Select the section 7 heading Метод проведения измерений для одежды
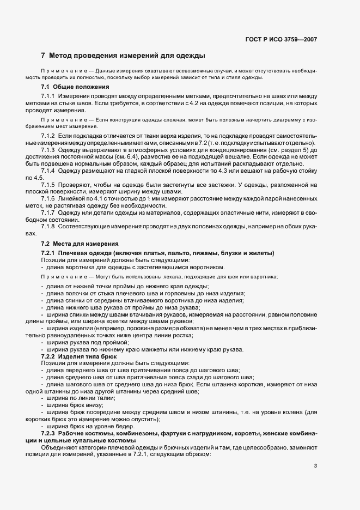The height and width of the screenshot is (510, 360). click(123, 56)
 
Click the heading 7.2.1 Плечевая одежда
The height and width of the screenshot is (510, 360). click(157, 253)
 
